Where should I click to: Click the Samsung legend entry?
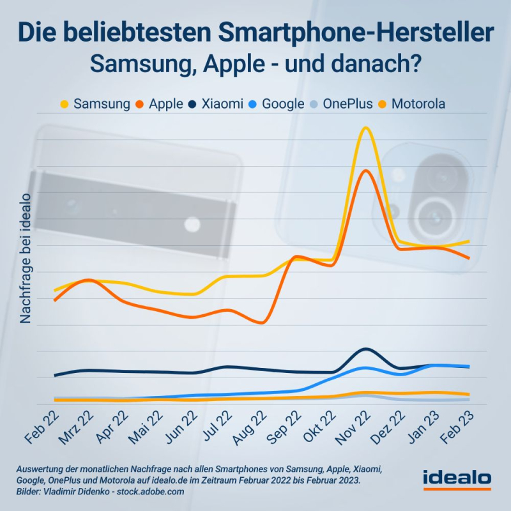coord(96,103)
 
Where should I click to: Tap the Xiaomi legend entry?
coord(217,103)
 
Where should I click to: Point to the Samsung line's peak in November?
coord(365,128)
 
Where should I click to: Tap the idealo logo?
coord(457,478)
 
